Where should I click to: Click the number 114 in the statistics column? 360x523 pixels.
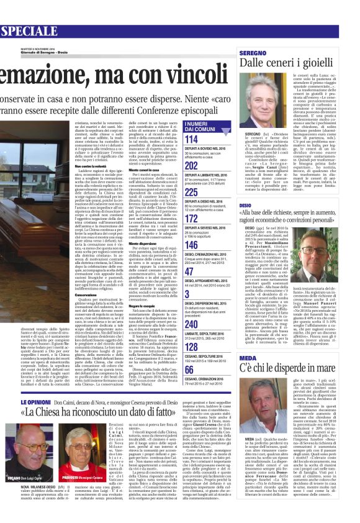click(192, 140)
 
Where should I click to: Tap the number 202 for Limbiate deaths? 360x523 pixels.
click(192, 166)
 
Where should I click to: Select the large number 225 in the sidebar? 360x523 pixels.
click(192, 192)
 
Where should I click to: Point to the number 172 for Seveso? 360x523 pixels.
click(192, 218)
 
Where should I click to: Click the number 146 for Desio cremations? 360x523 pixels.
click(192, 245)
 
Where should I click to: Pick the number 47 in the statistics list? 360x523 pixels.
click(190, 271)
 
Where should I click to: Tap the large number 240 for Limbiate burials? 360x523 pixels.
click(192, 324)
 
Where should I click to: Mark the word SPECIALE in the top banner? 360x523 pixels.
click(32, 30)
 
